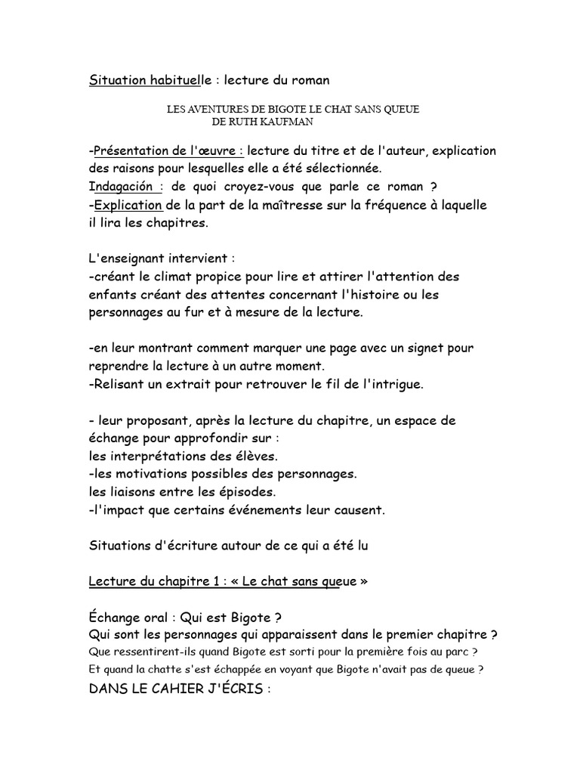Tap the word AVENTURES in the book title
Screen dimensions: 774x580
(219, 110)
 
